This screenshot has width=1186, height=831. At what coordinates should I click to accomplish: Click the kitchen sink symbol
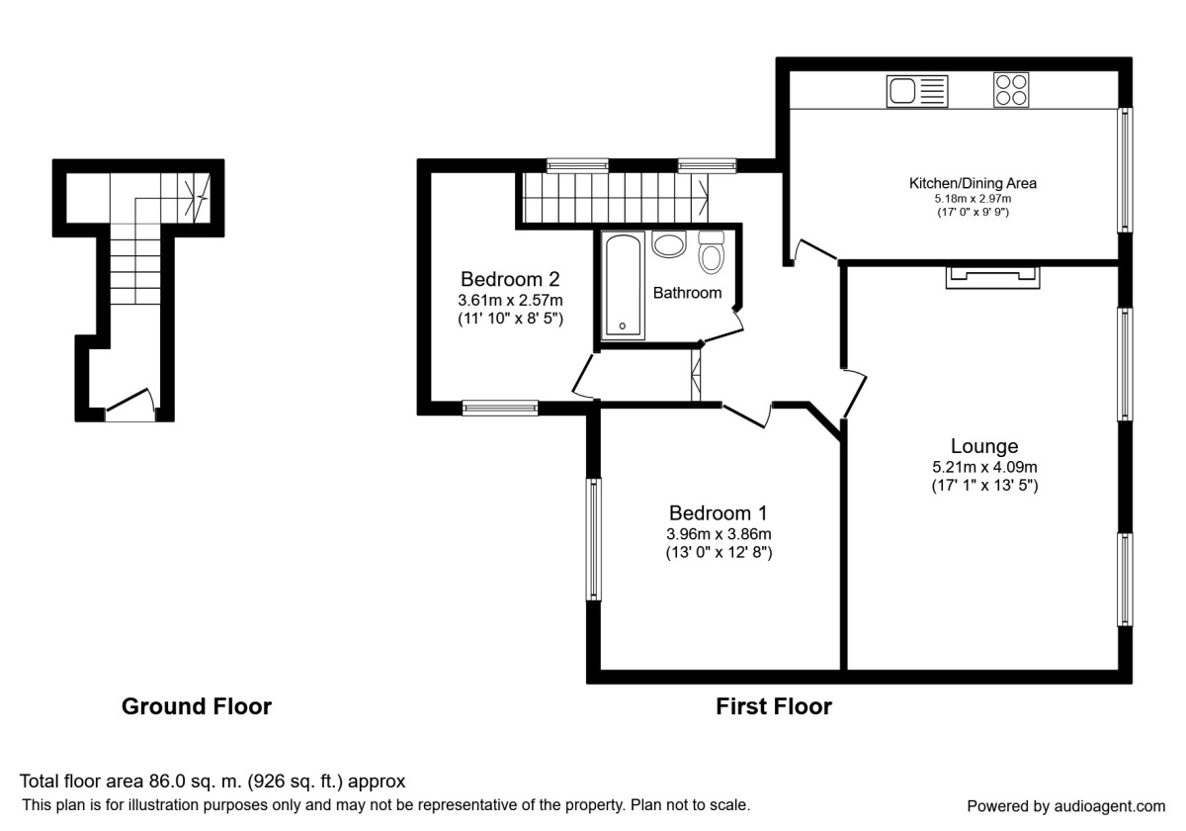pyautogui.click(x=917, y=91)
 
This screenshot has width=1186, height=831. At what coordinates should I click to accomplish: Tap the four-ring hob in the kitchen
pyautogui.click(x=1011, y=90)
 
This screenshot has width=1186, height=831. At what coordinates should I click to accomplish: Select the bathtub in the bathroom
pyautogui.click(x=624, y=285)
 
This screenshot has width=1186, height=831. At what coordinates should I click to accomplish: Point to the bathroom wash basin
pyautogui.click(x=669, y=244)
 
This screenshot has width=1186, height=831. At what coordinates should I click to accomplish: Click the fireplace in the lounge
pyautogui.click(x=992, y=277)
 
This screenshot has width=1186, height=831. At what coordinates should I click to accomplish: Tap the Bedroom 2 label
pyautogui.click(x=510, y=279)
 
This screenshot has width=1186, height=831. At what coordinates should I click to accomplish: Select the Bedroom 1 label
pyautogui.click(x=718, y=513)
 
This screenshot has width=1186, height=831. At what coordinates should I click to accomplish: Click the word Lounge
pyautogui.click(x=984, y=446)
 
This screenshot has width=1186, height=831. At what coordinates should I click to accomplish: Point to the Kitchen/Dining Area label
pyautogui.click(x=973, y=183)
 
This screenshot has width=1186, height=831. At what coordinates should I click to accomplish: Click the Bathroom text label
pyautogui.click(x=687, y=293)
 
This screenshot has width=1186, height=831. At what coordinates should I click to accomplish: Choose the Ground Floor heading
pyautogui.click(x=197, y=706)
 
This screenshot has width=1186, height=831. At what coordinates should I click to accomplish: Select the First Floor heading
pyautogui.click(x=774, y=706)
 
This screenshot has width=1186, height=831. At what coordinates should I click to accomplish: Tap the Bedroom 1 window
pyautogui.click(x=594, y=539)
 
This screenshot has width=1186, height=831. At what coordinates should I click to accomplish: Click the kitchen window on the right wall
pyautogui.click(x=1125, y=170)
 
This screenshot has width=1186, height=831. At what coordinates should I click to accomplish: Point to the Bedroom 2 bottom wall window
pyautogui.click(x=500, y=408)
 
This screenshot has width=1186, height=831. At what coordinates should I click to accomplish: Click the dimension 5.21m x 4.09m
pyautogui.click(x=984, y=467)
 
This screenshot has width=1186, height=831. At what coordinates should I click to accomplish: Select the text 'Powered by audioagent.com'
pyautogui.click(x=1065, y=806)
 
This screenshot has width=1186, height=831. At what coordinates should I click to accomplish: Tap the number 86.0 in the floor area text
pyautogui.click(x=165, y=782)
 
